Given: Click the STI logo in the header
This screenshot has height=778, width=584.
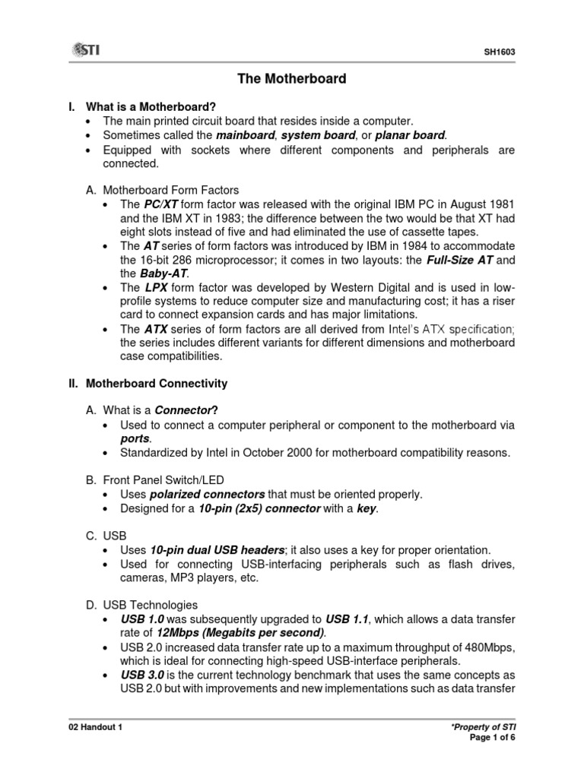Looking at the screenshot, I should pyautogui.click(x=86, y=50).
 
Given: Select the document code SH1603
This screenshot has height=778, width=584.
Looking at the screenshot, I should pyautogui.click(x=499, y=52).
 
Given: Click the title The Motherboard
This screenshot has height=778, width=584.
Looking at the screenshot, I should pyautogui.click(x=292, y=78).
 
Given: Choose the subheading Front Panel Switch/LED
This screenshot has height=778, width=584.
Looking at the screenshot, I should pyautogui.click(x=169, y=480).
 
